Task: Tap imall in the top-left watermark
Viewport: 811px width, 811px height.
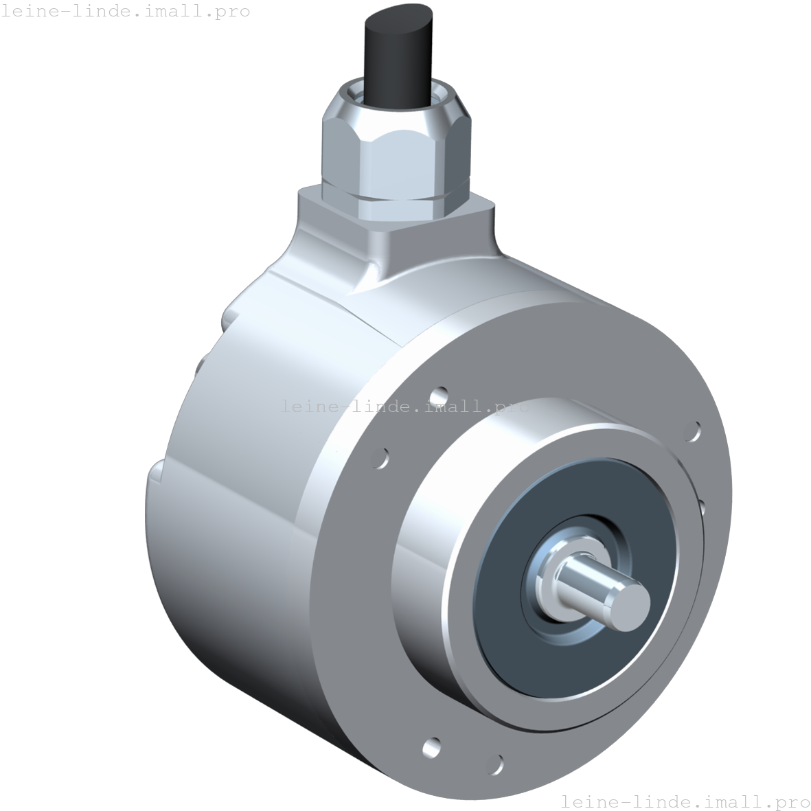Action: pos(183,11)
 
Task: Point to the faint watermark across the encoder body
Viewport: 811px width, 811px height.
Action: pos(404,406)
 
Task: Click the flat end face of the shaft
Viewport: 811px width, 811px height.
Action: pos(628,602)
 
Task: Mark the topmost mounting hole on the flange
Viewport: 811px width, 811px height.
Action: pos(439,396)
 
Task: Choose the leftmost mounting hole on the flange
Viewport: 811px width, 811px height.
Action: pos(380,457)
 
